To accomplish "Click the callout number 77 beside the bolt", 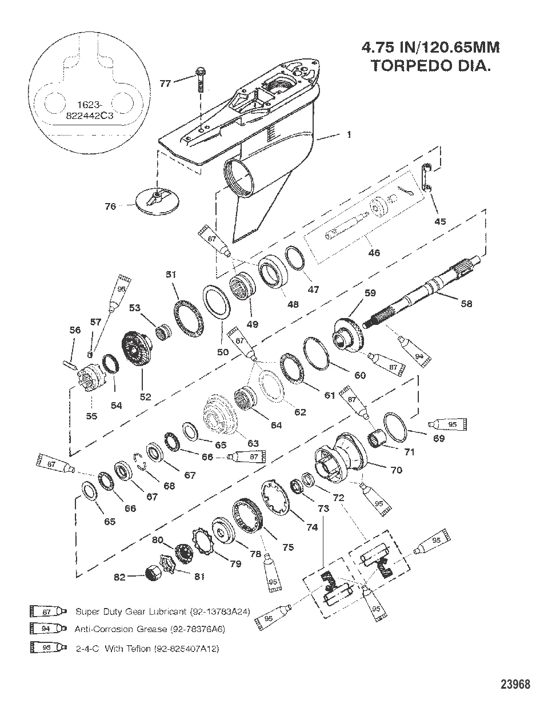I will (x=165, y=84).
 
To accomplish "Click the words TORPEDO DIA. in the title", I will (x=431, y=66).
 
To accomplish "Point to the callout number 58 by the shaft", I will (x=466, y=304).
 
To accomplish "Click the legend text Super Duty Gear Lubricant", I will (x=163, y=611).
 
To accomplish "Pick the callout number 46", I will (x=375, y=252).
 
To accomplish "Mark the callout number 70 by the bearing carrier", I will (x=395, y=470).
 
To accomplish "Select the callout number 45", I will (x=441, y=221).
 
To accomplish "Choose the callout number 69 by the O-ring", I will (x=439, y=438).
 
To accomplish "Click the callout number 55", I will (x=91, y=416).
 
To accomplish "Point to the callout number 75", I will (x=288, y=547).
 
